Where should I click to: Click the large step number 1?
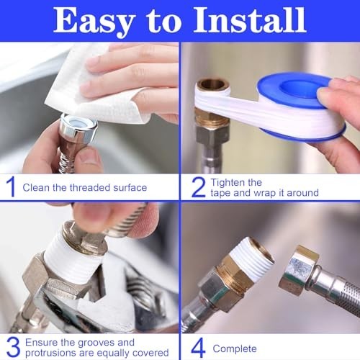pyautogui.click(x=11, y=187)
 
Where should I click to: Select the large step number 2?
pyautogui.click(x=199, y=187)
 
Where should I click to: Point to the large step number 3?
pyautogui.click(x=13, y=346)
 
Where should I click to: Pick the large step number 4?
pyautogui.click(x=198, y=348)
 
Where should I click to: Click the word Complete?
pyautogui.click(x=235, y=349)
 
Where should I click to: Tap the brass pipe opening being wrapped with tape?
pyautogui.click(x=212, y=85)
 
